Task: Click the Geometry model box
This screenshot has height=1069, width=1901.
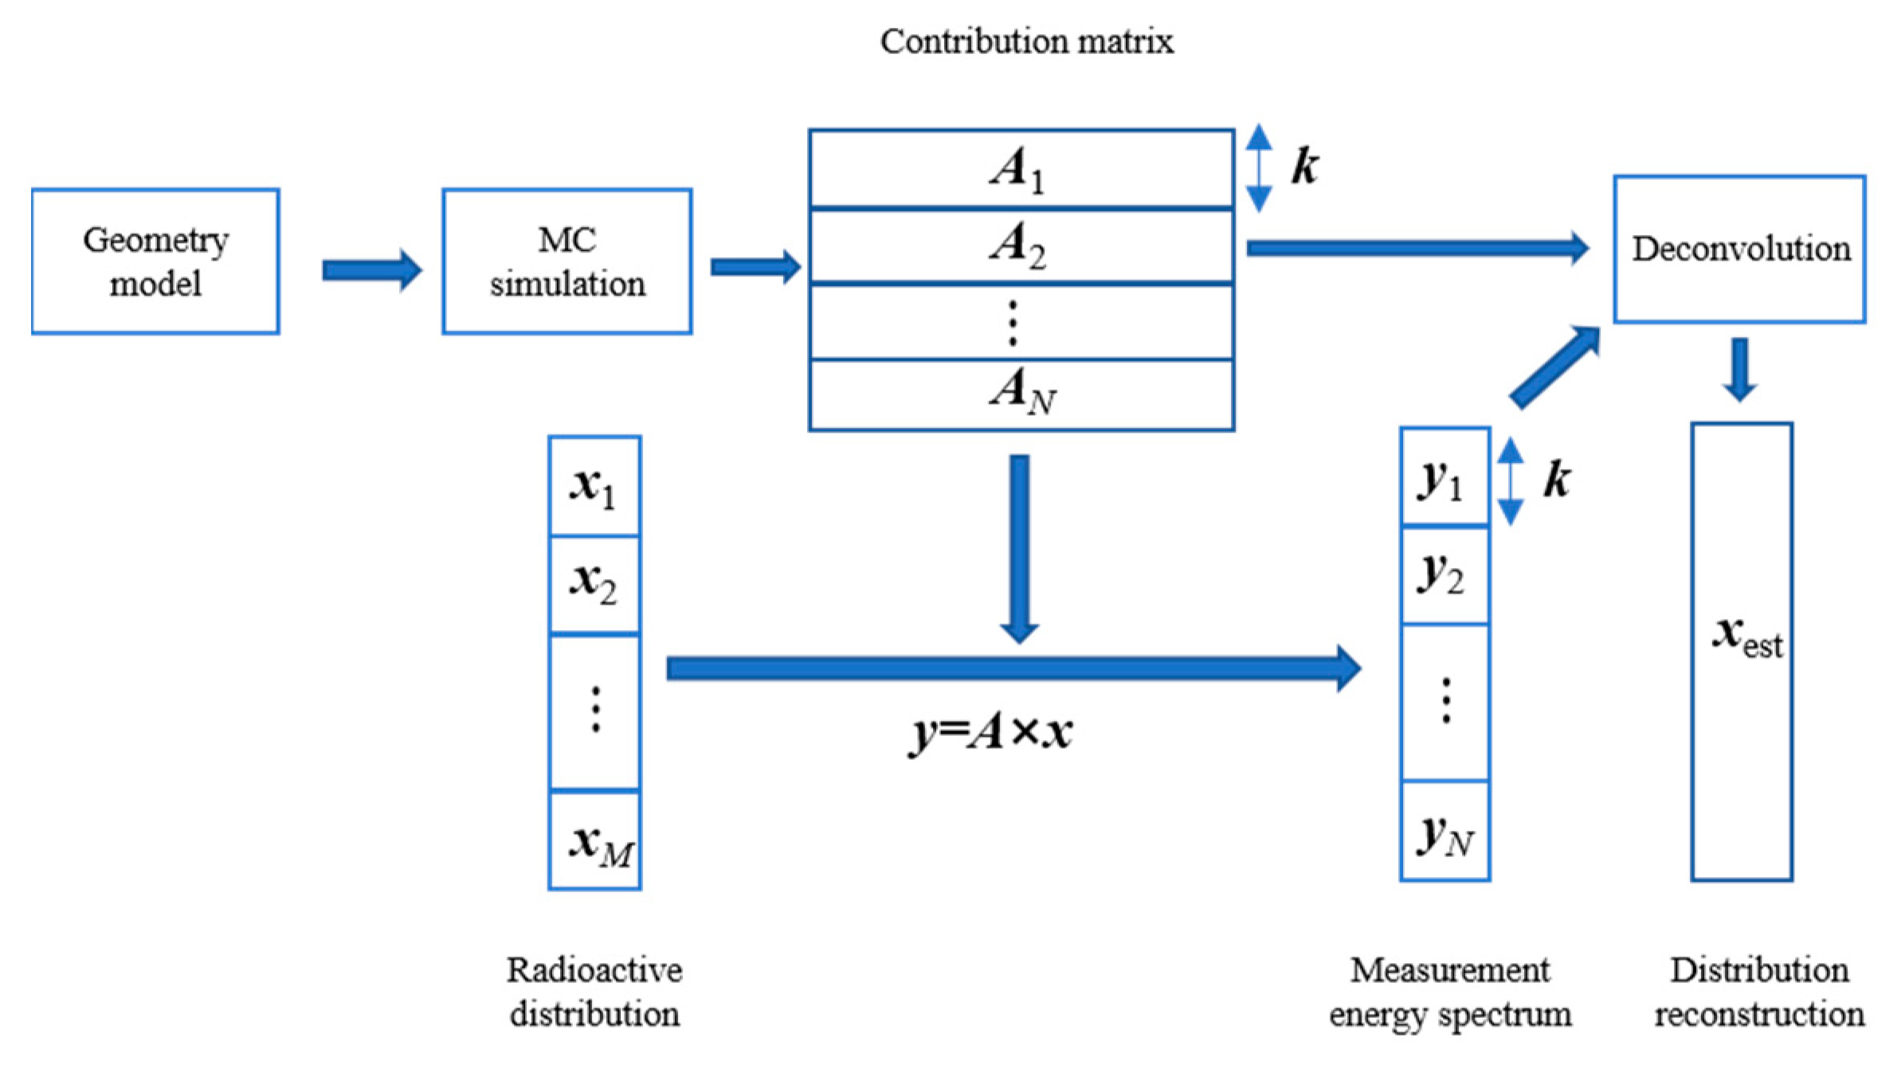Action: pos(155,261)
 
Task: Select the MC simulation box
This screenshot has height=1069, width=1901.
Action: pos(566,261)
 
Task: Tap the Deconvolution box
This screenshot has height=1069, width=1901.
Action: pos(1739,249)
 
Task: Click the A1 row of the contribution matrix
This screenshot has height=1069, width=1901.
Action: pos(1021,169)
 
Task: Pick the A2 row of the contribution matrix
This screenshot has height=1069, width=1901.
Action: pos(1021,245)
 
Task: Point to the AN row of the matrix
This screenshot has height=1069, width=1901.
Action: pos(1021,394)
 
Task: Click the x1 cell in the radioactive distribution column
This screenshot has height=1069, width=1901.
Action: pos(594,486)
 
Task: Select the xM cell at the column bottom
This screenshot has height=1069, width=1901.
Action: pos(594,840)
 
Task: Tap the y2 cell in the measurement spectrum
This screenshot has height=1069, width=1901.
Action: pos(1444,574)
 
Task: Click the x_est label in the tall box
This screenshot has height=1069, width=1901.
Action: pos(1746,637)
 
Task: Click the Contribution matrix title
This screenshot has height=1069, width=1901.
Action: pos(1026,41)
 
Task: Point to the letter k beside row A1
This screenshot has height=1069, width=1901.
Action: pos(1305,166)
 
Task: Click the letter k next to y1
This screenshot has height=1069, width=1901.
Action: pos(1557,480)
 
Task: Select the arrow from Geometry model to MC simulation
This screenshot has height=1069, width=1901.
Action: pos(371,270)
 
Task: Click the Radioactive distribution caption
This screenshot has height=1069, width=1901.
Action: pos(594,992)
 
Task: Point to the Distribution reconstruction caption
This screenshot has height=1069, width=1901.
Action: pos(1759,992)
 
